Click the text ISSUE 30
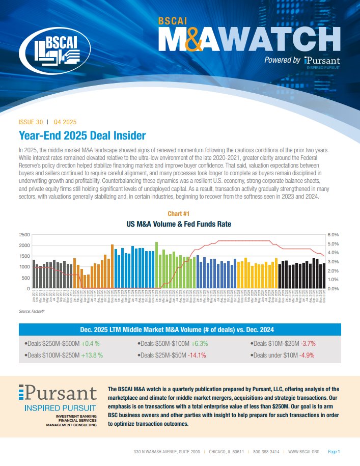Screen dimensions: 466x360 point(30,122)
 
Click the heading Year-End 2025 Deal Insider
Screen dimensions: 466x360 point(82,135)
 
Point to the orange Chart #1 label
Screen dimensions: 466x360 point(179,213)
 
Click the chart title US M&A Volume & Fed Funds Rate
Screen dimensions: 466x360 point(179,223)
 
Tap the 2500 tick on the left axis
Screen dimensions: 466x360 point(24,235)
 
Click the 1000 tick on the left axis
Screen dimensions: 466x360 point(24,267)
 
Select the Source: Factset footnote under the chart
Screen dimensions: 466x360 point(32,310)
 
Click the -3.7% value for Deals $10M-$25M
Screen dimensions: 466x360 point(311,343)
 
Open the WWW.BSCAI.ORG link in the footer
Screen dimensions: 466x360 point(303,452)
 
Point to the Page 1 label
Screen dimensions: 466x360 point(334,452)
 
